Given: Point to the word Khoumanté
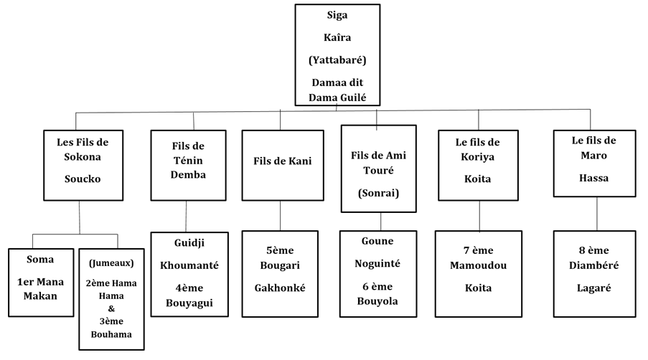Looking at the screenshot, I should pos(190,265).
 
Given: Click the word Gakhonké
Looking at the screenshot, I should pos(280,288).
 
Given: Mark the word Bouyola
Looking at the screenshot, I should pos(377,300).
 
